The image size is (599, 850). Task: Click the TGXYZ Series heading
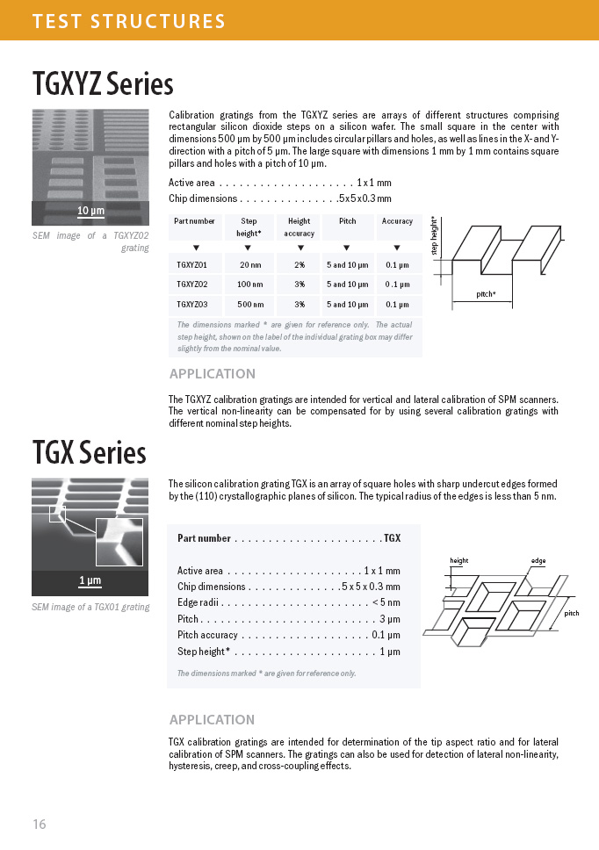[103, 85]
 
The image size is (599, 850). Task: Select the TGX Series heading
[89, 453]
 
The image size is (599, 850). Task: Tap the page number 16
[39, 824]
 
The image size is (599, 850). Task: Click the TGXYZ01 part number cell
[192, 264]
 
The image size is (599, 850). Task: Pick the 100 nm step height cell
[250, 285]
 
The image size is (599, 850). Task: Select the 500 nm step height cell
[250, 305]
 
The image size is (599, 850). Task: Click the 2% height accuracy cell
[299, 264]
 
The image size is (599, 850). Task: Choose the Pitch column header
[347, 221]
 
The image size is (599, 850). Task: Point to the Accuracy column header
[397, 221]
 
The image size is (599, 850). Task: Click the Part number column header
[194, 221]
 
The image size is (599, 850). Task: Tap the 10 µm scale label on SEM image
[90, 211]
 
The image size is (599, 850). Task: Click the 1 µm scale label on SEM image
[90, 580]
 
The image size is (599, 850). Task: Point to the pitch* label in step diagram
[486, 294]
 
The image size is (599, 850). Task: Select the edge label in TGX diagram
[538, 560]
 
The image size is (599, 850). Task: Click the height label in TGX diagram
[458, 560]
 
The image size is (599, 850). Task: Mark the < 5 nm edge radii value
[386, 602]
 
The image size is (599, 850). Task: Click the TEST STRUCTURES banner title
[128, 20]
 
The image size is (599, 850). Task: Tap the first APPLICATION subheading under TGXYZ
[212, 373]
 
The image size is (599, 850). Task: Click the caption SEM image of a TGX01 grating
[90, 607]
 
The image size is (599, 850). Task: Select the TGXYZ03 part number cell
[192, 305]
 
